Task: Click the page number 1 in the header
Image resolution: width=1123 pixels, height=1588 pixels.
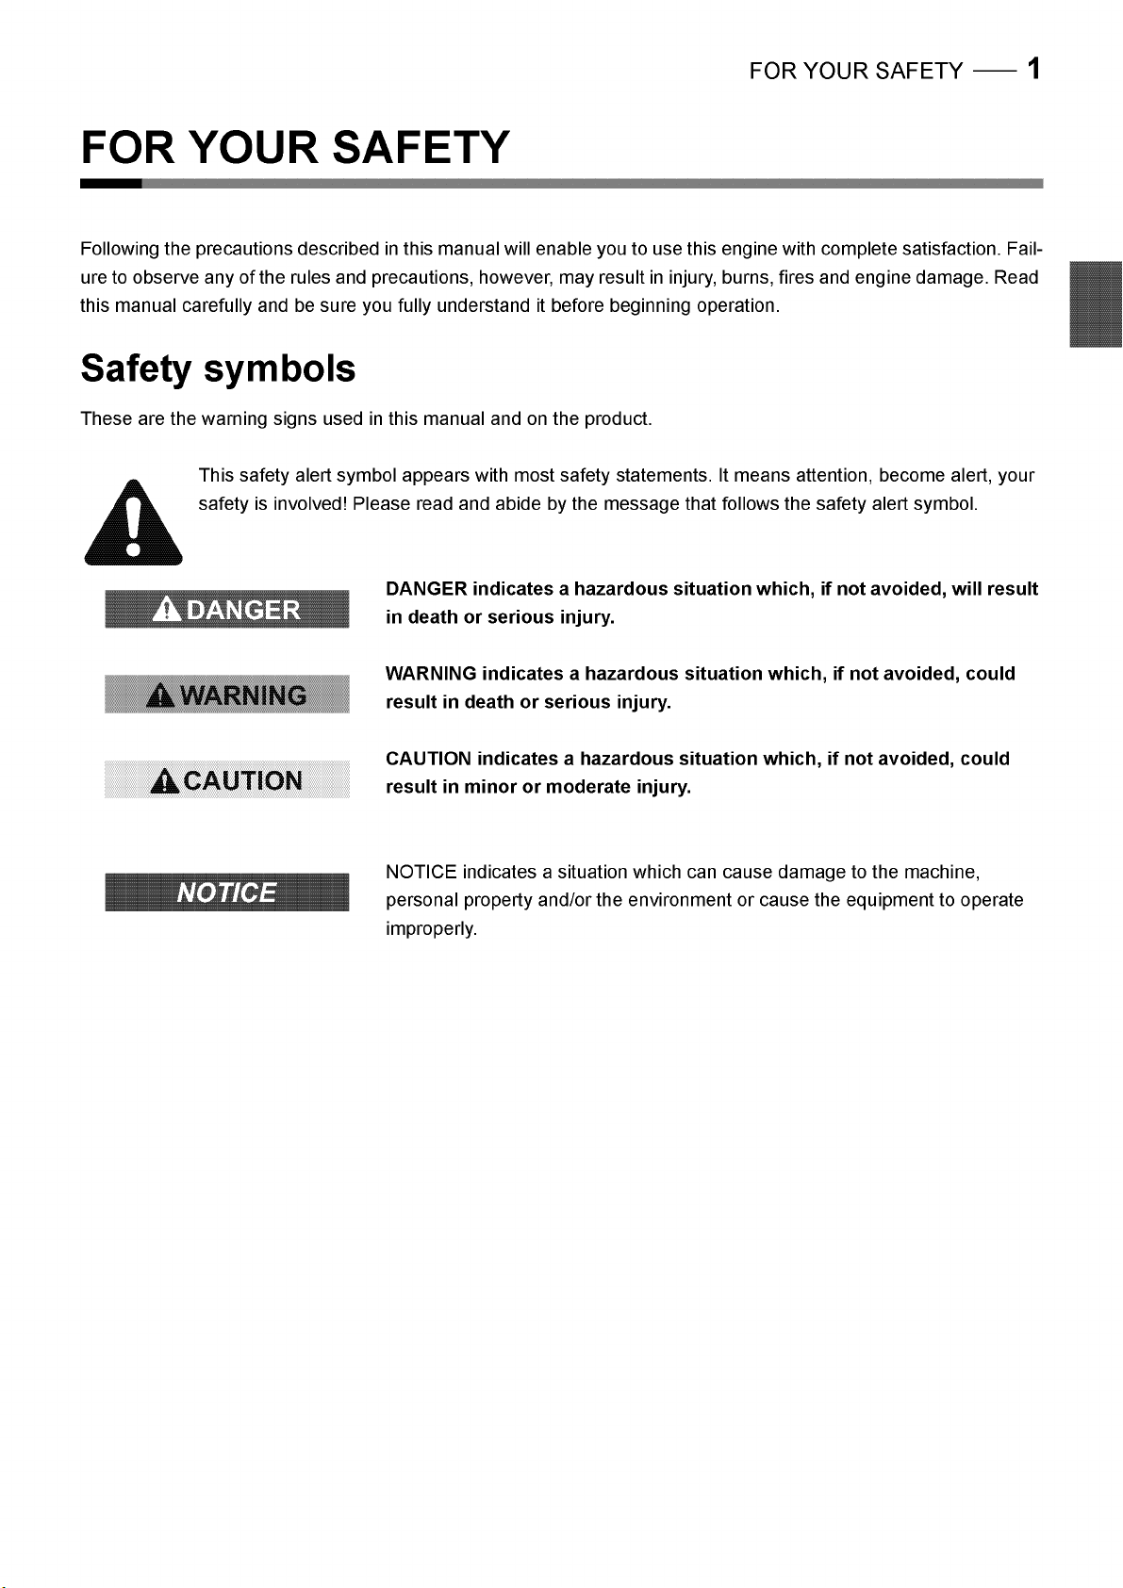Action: point(1034,70)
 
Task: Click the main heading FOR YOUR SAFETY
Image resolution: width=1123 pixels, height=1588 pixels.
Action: point(295,148)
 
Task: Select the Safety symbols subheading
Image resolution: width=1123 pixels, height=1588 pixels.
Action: point(218,368)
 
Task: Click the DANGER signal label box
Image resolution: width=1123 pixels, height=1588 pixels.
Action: point(226,610)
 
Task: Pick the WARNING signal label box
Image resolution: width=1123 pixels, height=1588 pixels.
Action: point(226,696)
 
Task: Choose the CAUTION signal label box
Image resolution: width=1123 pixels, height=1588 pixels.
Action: point(226,780)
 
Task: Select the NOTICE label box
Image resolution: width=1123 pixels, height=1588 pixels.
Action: point(226,892)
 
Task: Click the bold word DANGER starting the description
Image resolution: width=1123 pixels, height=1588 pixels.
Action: point(426,589)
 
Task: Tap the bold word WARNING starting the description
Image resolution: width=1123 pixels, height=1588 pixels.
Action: point(431,674)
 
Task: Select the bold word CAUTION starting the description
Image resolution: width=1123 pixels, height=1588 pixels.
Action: point(428,759)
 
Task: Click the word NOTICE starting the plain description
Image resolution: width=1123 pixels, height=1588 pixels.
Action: point(421,872)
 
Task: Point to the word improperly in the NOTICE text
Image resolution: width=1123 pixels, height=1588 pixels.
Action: point(431,929)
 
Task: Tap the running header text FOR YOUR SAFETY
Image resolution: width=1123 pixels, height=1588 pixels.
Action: point(856,72)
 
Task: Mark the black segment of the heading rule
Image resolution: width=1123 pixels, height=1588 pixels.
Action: point(111,184)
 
